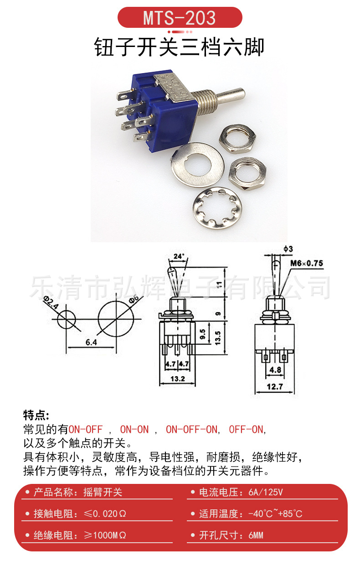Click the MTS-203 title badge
[180, 18]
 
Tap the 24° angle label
[178, 257]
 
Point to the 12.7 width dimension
[275, 387]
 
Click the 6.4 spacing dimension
[91, 343]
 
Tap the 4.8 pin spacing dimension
[275, 370]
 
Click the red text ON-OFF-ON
[191, 429]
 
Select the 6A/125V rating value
[266, 493]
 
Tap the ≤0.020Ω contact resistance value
[105, 514]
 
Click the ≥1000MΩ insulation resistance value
[105, 535]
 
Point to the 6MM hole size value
[256, 535]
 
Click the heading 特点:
[36, 415]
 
